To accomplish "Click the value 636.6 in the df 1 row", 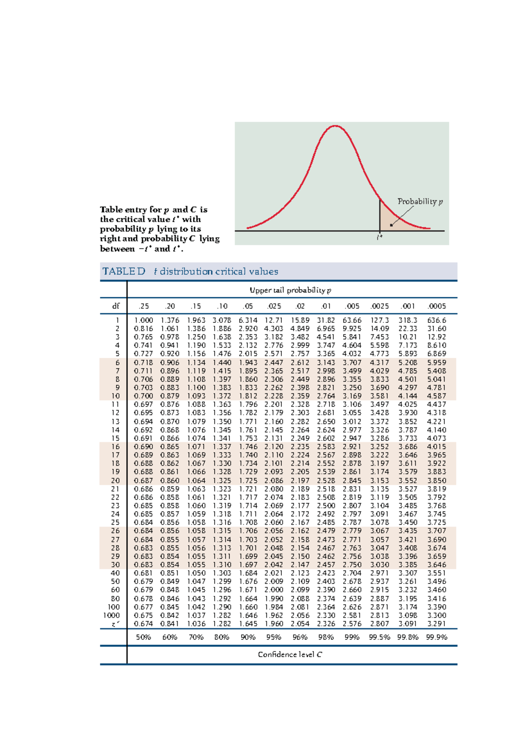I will click(436, 320).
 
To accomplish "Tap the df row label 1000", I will click(111, 615).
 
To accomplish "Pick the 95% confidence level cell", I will click(273, 637).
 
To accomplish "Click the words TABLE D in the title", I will click(124, 272).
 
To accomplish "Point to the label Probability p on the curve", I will click(420, 201).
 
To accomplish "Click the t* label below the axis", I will click(379, 238).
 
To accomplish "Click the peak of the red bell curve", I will click(336, 126).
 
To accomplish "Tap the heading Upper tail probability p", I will click(290, 290).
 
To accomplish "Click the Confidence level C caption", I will click(290, 655).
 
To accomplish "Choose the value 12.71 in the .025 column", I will click(273, 320).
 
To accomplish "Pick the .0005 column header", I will click(436, 306).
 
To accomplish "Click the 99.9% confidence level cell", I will click(436, 637).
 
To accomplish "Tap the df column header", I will click(116, 306).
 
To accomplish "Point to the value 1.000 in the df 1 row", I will click(144, 320).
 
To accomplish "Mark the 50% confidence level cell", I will click(144, 637).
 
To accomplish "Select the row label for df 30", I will click(115, 565).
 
